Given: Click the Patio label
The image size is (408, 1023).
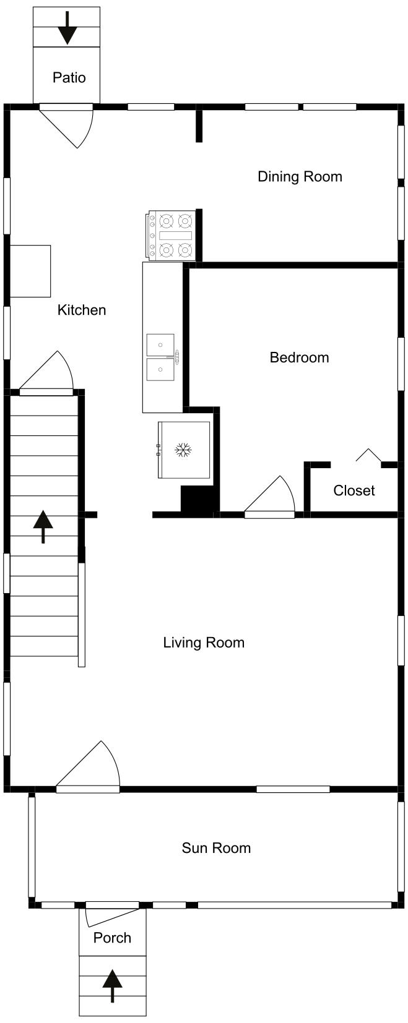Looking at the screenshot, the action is point(69,77).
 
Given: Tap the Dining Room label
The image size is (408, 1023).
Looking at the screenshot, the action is point(300,176).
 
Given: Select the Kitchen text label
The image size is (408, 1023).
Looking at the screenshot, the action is point(82,310).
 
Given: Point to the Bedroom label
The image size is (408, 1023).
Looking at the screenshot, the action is point(300,357).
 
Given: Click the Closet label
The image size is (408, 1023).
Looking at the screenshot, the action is point(354,490).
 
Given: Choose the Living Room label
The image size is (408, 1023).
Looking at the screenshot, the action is point(204,643).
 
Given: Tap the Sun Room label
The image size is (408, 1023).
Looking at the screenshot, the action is point(216,848).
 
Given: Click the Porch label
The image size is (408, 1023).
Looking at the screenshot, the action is point(112,938).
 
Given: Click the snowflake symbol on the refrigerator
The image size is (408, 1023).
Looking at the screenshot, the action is point(183,450).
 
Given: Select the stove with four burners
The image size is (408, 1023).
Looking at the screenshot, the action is point(171,236).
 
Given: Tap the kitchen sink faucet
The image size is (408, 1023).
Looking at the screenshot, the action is point(176,357).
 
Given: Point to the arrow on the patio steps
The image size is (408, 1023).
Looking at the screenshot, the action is point(67,28).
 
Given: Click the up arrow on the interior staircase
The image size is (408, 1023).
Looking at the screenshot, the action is point(43,526).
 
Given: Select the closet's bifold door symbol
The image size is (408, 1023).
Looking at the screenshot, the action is point(368,455).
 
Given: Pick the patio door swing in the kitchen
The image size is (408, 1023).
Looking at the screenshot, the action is point(67,126).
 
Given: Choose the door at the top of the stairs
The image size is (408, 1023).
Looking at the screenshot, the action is point(46,373).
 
